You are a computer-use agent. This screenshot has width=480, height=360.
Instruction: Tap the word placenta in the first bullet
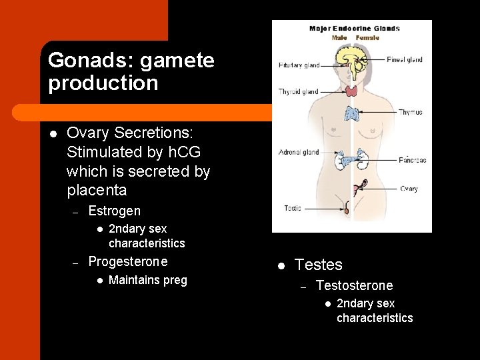97,191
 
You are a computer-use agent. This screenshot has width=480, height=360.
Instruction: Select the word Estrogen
114,211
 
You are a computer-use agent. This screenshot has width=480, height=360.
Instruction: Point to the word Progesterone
128,261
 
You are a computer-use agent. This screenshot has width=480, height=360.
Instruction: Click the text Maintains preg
147,280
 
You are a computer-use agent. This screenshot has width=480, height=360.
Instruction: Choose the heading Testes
318,265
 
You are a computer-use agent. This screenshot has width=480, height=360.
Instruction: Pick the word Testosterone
354,285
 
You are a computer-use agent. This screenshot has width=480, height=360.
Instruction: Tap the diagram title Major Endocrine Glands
354,29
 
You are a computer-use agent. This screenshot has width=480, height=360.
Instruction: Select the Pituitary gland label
299,65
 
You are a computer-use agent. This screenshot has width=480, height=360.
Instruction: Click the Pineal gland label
405,59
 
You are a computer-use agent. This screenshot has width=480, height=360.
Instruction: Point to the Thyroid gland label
298,92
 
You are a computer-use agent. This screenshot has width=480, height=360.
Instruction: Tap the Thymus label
410,112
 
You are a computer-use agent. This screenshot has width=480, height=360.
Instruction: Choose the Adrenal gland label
298,152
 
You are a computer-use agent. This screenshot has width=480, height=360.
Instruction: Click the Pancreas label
412,160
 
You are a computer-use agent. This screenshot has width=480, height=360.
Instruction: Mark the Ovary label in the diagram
409,189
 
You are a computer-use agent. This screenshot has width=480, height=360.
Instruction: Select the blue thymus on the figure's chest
351,113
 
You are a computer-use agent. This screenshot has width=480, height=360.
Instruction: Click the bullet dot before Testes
281,265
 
